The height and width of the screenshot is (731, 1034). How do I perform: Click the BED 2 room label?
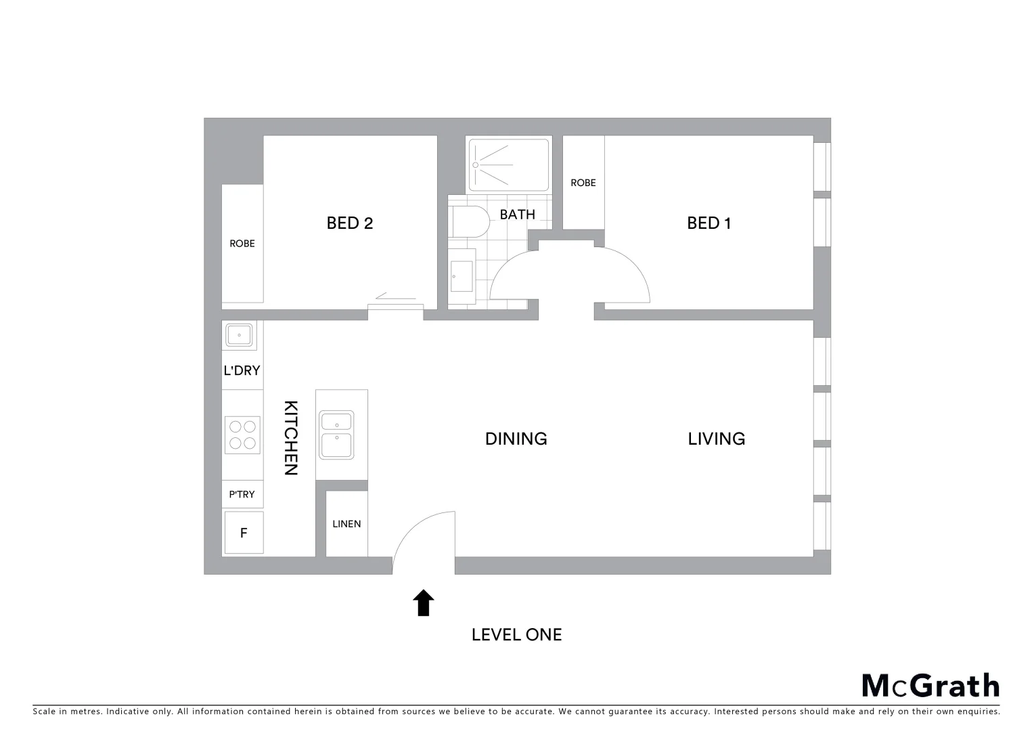pyautogui.click(x=349, y=223)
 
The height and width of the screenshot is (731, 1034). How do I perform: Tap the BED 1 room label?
pyautogui.click(x=709, y=223)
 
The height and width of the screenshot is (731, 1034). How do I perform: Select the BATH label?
pyautogui.click(x=517, y=215)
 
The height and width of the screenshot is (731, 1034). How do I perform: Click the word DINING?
pyautogui.click(x=516, y=439)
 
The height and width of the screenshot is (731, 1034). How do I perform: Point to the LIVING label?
pyautogui.click(x=716, y=439)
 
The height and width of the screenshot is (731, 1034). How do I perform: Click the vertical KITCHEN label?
pyautogui.click(x=290, y=438)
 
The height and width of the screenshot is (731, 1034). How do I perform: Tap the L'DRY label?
pyautogui.click(x=242, y=371)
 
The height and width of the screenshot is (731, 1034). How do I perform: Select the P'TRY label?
pyautogui.click(x=242, y=495)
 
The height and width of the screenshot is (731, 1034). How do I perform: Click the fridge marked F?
pyautogui.click(x=244, y=533)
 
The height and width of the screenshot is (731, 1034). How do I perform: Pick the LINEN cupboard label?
pyautogui.click(x=346, y=524)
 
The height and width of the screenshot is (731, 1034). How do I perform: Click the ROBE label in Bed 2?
pyautogui.click(x=242, y=244)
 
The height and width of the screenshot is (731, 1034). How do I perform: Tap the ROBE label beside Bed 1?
pyautogui.click(x=583, y=183)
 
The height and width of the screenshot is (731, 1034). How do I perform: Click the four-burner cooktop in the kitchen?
pyautogui.click(x=242, y=435)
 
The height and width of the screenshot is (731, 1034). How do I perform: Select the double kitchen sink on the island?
pyautogui.click(x=336, y=435)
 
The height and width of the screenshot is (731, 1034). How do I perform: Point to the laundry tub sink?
pyautogui.click(x=239, y=335)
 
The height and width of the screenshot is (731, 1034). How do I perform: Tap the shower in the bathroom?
pyautogui.click(x=508, y=165)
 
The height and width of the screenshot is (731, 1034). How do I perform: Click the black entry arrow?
pyautogui.click(x=424, y=602)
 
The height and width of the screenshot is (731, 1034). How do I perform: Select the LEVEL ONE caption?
pyautogui.click(x=516, y=635)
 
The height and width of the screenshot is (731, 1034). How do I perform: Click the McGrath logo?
pyautogui.click(x=930, y=686)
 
